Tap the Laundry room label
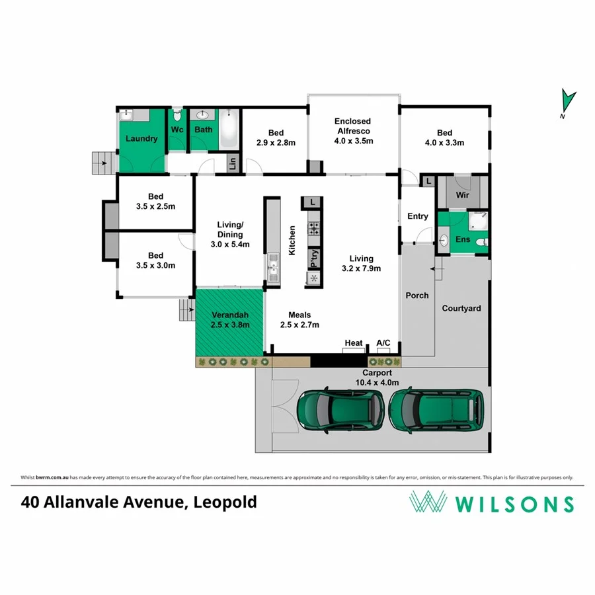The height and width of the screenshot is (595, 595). pos(141,139)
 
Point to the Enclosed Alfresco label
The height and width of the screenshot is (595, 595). pos(353,131)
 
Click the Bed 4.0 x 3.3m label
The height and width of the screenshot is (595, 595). pos(445,138)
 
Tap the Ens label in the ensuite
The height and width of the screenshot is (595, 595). pos(463,239)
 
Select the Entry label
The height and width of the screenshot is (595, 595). pos(417,216)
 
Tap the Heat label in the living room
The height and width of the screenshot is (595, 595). pos(354,342)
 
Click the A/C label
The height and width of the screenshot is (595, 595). pos(383,342)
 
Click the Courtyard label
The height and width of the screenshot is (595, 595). pos(461,308)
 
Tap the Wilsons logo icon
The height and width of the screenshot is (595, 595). pos(428,502)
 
